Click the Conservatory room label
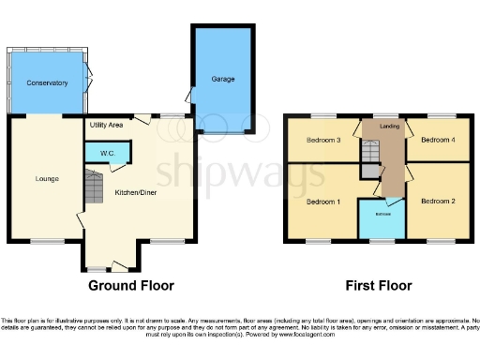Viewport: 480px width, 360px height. pos(47,82)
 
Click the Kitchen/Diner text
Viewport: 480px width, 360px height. pos(137,192)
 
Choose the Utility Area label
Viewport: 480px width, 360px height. pos(107,125)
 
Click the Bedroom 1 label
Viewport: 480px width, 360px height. pos(322,201)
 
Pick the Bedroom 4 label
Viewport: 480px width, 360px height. pos(436,141)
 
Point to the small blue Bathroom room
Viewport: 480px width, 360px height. pos(383,219)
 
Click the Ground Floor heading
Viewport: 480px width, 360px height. pos(130,286)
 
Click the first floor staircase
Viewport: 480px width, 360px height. pos(373,154)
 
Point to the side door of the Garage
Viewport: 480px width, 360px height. pos(190,94)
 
